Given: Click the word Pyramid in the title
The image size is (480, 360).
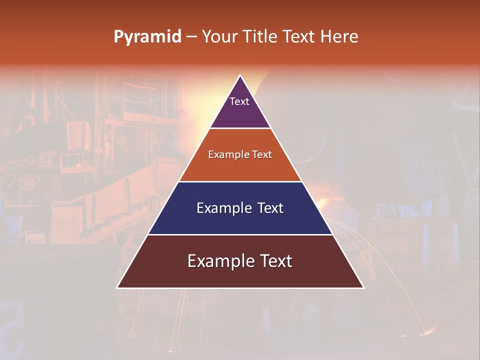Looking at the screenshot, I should click(x=147, y=37).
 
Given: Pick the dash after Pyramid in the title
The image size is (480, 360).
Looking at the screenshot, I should click(x=191, y=37).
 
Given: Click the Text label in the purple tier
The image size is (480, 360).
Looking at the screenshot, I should click(x=239, y=101).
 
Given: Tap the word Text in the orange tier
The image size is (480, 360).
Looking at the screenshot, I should click(x=262, y=154).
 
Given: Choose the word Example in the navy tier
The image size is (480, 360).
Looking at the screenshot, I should click(x=223, y=208).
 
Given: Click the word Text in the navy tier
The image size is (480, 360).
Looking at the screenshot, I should click(x=270, y=208).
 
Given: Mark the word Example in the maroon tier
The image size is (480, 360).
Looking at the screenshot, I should click(x=218, y=261).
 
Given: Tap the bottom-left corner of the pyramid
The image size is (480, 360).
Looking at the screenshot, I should click(x=117, y=287).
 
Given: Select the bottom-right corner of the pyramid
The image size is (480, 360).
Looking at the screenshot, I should click(x=363, y=287).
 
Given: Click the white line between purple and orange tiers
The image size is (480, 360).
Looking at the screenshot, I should click(x=240, y=128).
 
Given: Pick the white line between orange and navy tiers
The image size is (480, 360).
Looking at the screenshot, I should click(x=240, y=181).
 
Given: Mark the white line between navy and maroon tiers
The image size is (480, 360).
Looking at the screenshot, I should click(x=240, y=234).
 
